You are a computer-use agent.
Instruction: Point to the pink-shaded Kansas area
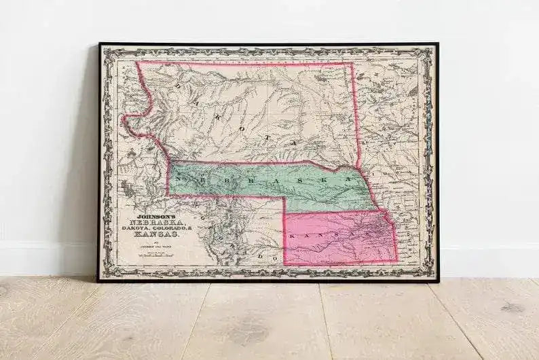[339, 241]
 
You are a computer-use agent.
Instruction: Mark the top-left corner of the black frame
[99, 44]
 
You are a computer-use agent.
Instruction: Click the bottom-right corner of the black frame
[438, 281]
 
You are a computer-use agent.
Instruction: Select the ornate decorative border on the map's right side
[428, 163]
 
